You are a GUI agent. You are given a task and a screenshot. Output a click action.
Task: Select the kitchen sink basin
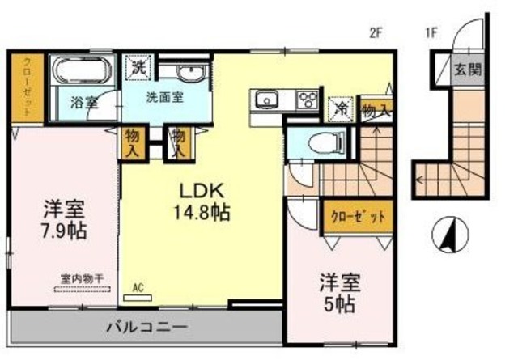[265, 100]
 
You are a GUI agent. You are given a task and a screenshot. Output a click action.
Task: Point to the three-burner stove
[308, 100]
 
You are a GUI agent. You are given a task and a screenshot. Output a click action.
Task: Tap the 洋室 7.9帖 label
[64, 219]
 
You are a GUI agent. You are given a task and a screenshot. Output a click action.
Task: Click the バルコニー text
[146, 329]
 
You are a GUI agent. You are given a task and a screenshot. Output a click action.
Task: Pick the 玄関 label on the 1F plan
[467, 70]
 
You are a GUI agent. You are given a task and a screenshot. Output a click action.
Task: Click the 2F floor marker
[374, 33]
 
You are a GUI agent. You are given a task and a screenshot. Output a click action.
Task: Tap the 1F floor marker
[433, 33]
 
